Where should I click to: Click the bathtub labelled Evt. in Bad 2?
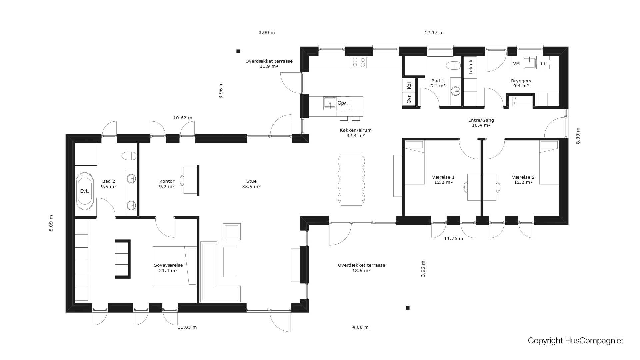[85, 191]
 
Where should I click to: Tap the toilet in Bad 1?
[453, 66]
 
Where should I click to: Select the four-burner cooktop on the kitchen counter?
[359, 62]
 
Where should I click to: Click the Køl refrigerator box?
[409, 86]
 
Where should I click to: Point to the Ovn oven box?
[409, 99]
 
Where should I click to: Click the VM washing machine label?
[516, 63]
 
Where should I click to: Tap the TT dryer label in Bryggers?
[543, 63]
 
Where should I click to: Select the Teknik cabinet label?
[470, 67]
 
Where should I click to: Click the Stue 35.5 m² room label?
[251, 184]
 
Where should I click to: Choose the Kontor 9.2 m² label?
[167, 184]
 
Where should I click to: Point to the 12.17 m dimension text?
[434, 33]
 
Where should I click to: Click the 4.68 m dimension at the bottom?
[360, 327]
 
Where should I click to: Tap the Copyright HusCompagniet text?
[575, 341]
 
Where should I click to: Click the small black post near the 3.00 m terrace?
[238, 51]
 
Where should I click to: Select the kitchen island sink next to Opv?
[330, 103]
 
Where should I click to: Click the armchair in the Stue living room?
[232, 232]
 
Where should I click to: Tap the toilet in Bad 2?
[129, 156]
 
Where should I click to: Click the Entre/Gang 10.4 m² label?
[481, 123]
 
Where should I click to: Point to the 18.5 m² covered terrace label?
[361, 268]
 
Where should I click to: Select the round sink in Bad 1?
[455, 90]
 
